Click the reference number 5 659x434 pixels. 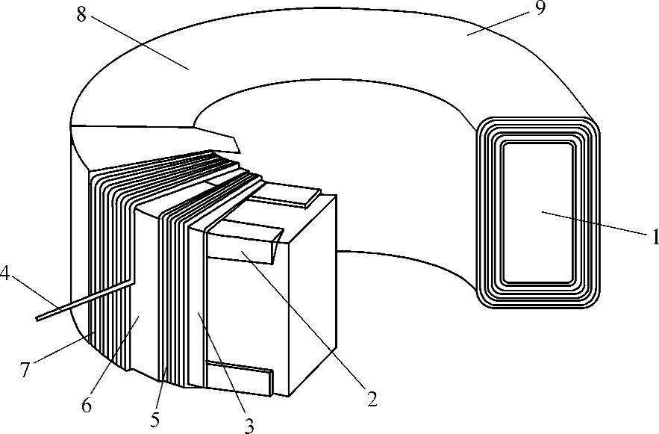coord(154,419)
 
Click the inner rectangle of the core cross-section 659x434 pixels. coord(537,213)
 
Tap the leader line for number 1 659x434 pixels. coord(593,224)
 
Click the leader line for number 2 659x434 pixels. coord(306,322)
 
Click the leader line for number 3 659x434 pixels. coord(224,366)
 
